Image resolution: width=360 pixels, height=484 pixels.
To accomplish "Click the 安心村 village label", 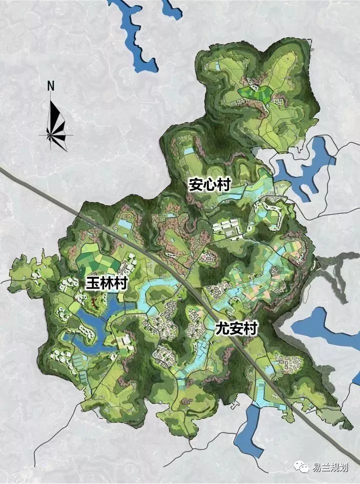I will (x=209, y=185).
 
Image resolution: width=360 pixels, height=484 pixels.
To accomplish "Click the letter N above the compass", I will (x=50, y=85).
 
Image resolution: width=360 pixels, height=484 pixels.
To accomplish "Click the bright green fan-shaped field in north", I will (x=255, y=92).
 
